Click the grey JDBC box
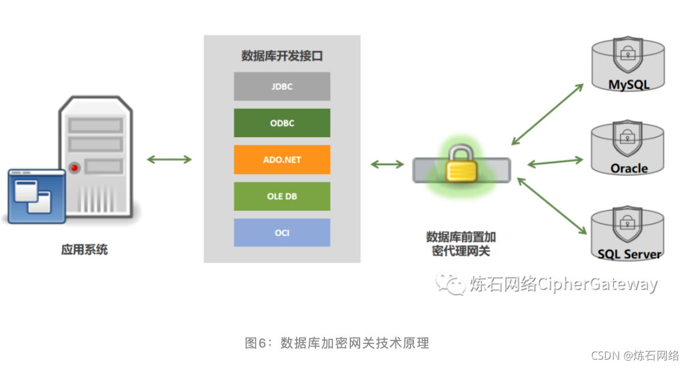[x=282, y=87]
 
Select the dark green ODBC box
[x=282, y=123]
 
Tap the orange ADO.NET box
[x=282, y=159]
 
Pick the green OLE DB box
[x=282, y=196]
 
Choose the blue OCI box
[x=282, y=233]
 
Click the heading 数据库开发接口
[x=282, y=56]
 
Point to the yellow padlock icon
[x=461, y=164]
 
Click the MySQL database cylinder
[x=628, y=65]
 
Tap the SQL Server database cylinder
[x=628, y=234]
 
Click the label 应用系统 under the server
[x=84, y=250]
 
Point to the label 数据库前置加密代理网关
[x=461, y=244]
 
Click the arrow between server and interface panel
[x=169, y=159]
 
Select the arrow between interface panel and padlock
[x=387, y=164]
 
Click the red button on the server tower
[x=75, y=168]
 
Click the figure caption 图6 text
[x=337, y=343]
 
